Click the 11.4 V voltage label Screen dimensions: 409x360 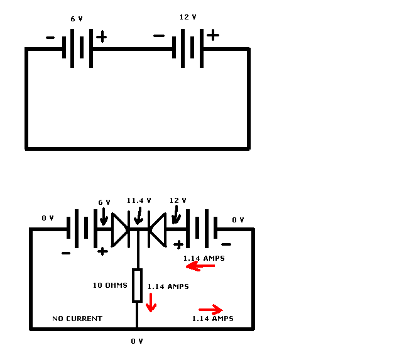tap(139, 200)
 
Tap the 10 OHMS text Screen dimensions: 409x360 tap(110, 285)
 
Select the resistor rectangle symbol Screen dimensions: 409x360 tap(137, 285)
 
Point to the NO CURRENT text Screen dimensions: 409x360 tap(77, 319)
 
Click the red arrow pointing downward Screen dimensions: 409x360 tap(151, 303)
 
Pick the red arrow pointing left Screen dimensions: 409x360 tap(200, 266)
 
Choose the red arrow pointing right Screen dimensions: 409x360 tap(210, 310)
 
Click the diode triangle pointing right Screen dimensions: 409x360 tap(119, 230)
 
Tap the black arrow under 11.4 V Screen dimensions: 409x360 tap(139, 216)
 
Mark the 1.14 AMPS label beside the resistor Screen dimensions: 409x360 tap(168, 286)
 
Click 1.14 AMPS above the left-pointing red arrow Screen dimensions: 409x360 tap(204, 258)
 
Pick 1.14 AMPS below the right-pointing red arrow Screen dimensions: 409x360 tap(213, 319)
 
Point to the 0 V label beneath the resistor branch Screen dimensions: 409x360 tap(137, 341)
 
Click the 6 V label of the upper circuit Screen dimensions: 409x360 tap(77, 19)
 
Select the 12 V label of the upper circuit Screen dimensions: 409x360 tap(188, 17)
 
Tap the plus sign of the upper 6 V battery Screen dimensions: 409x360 tap(102, 36)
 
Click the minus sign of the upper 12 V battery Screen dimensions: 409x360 tap(159, 36)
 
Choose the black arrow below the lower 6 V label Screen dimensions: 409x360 tap(104, 217)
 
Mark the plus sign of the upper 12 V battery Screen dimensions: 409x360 tap(213, 35)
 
